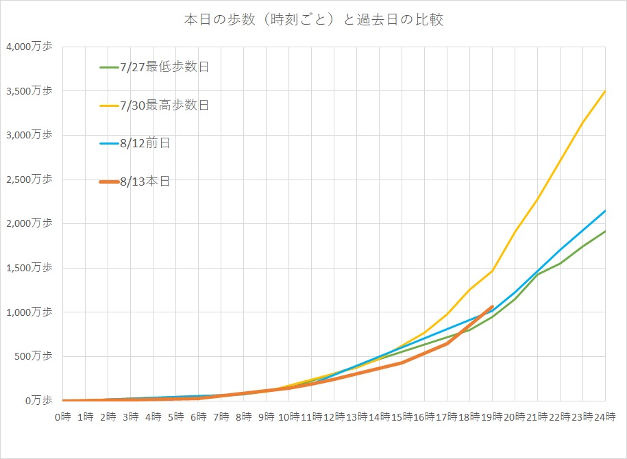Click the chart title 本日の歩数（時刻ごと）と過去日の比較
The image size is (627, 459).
tap(313, 20)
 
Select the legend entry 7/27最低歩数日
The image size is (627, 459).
tap(163, 67)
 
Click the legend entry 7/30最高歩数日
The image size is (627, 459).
tap(163, 105)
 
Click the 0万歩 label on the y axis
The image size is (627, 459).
tap(37, 401)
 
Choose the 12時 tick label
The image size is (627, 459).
tap(334, 417)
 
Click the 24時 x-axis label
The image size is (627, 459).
tap(605, 417)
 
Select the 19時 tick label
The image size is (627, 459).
tap(492, 417)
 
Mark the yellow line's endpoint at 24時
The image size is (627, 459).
tap(605, 90)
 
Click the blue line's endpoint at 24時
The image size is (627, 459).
tap(605, 211)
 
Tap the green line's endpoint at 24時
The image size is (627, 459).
tap(605, 232)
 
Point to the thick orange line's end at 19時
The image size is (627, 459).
tap(492, 306)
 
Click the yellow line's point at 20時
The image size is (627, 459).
tap(515, 232)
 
